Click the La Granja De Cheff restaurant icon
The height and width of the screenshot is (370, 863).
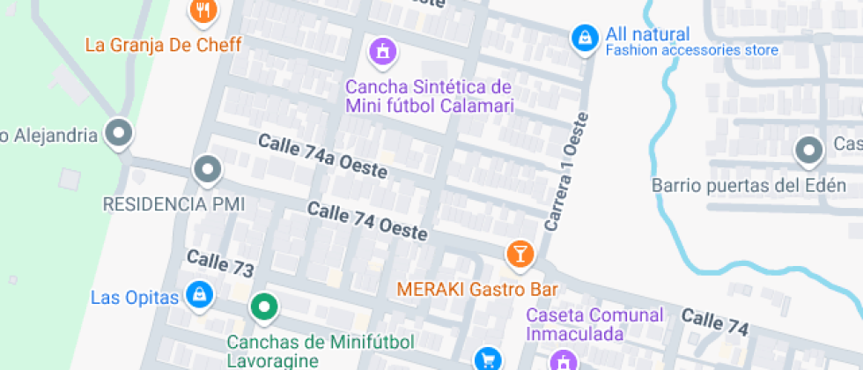204,11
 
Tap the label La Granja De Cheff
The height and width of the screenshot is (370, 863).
163,43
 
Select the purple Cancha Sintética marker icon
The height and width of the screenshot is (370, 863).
383,51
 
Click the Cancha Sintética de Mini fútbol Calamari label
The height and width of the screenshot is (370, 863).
428,96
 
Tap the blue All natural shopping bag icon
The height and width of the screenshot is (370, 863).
583,38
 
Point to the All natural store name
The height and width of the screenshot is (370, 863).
647,34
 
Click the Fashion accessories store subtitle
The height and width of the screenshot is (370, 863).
691,50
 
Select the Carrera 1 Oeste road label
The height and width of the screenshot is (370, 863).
566,172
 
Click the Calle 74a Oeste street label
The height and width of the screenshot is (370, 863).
322,157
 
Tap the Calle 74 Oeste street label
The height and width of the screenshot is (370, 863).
367,222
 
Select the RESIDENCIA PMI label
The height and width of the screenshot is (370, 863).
173,204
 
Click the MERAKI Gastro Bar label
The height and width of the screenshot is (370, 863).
478,288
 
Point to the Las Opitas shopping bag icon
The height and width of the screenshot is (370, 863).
201,295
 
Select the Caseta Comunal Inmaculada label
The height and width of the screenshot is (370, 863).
594,324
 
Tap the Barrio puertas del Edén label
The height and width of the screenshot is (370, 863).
749,185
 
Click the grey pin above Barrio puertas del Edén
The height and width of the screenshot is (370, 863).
808,151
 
